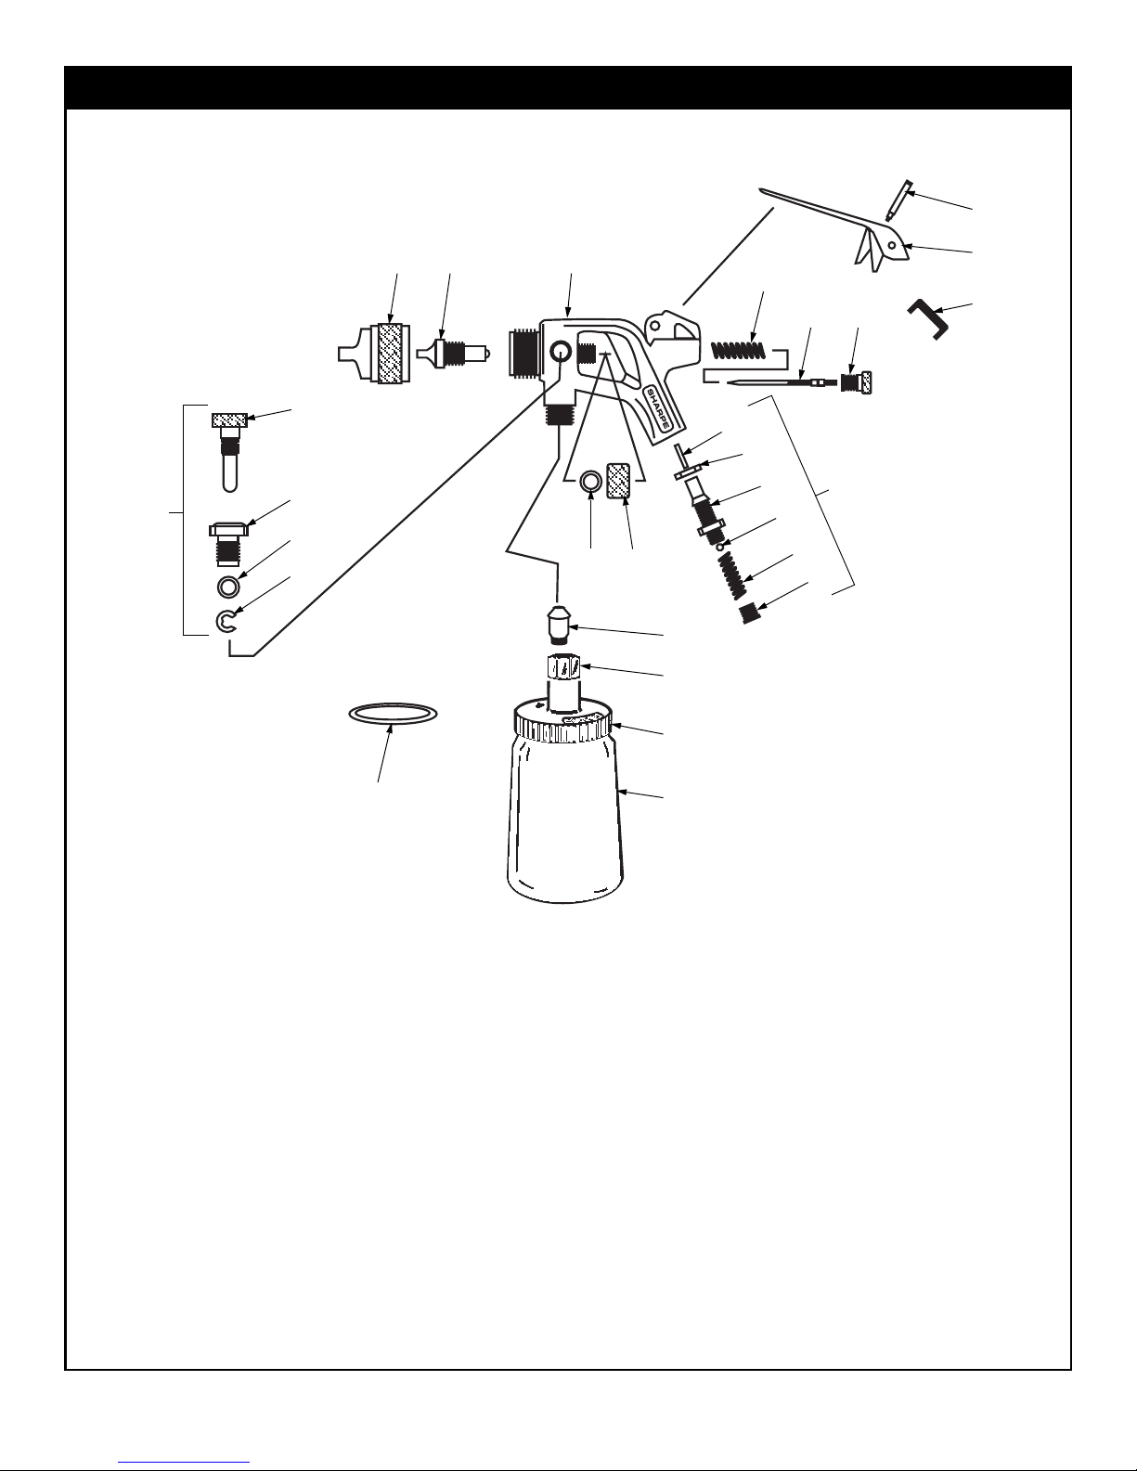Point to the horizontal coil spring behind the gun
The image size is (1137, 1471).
(739, 351)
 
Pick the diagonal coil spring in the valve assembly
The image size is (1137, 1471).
(733, 575)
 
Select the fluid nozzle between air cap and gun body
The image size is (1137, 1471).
(452, 354)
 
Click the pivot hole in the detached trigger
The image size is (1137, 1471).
(892, 245)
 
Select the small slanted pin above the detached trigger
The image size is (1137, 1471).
(898, 200)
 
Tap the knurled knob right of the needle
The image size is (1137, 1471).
(856, 383)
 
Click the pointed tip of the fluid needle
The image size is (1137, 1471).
(729, 384)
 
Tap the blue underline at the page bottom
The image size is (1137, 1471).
(184, 1463)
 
